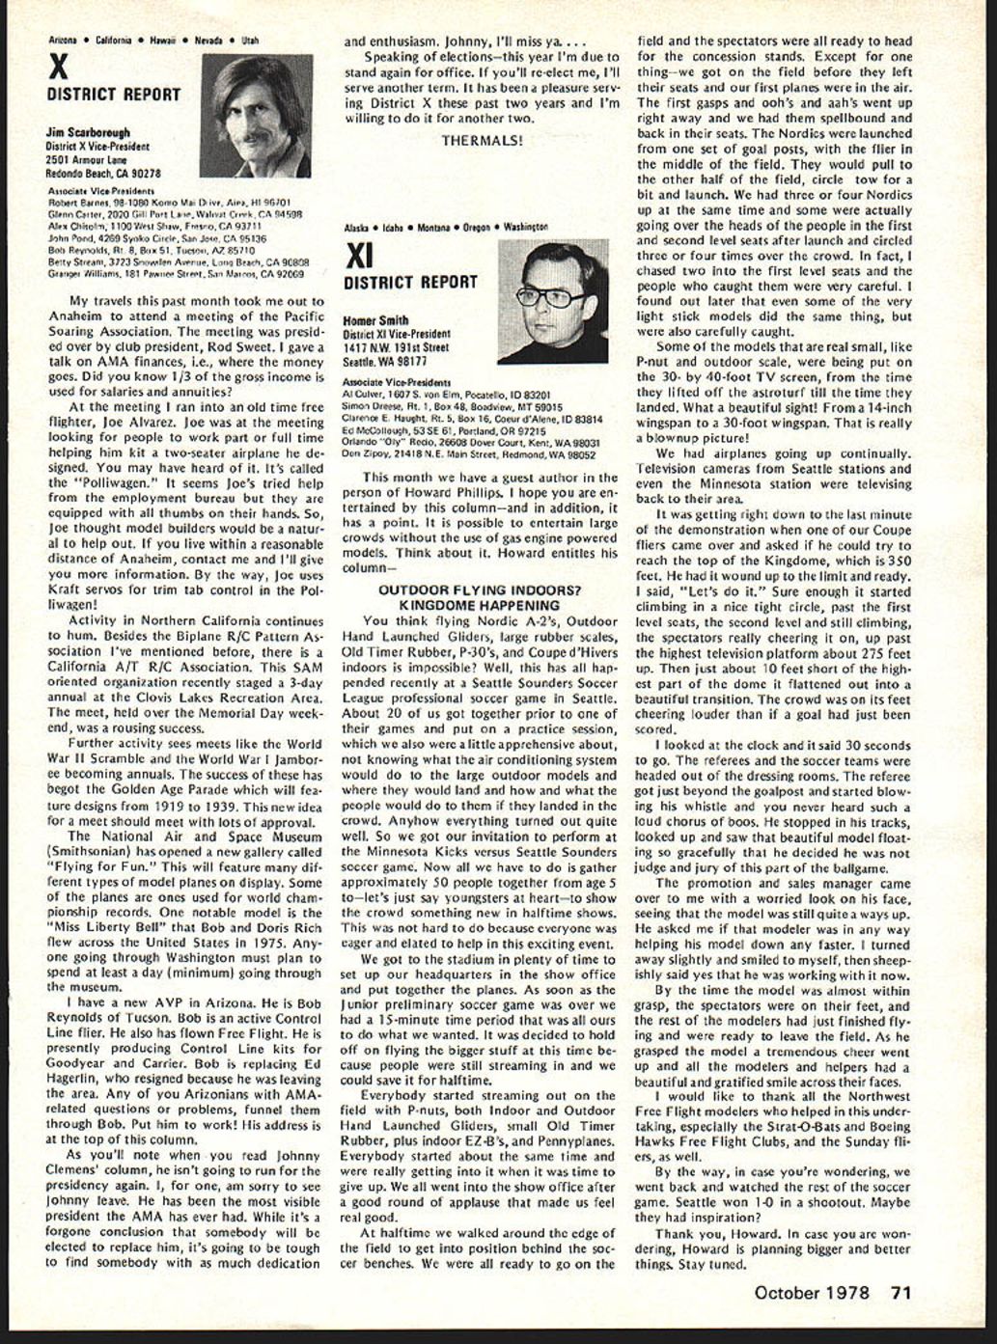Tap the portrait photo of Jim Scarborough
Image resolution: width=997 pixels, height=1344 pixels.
click(x=256, y=116)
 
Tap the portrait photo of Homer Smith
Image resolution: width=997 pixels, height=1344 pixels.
click(x=553, y=301)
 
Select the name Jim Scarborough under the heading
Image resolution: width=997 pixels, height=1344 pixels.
click(x=88, y=132)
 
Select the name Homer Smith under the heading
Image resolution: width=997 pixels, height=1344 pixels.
click(x=376, y=320)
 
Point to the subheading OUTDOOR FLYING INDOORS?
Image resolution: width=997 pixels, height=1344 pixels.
click(x=480, y=590)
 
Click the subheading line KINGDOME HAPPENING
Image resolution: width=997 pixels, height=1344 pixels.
click(x=480, y=604)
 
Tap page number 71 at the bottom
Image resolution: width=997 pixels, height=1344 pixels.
click(x=900, y=1293)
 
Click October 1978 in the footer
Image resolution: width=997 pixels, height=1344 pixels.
click(x=812, y=1293)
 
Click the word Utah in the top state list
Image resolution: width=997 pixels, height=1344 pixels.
click(x=249, y=41)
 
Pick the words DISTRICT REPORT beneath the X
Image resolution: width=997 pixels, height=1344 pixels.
click(x=113, y=95)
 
